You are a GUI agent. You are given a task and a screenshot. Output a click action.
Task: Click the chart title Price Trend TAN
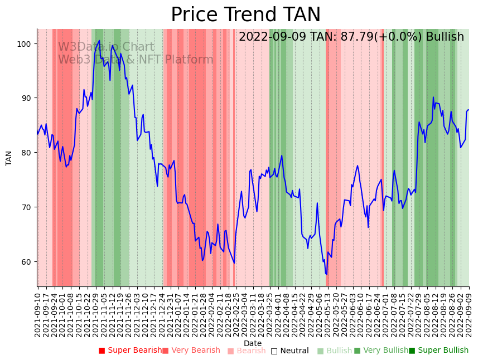pyautogui.click(x=245, y=15)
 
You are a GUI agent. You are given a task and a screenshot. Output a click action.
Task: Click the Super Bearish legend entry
pyautogui.click(x=131, y=351)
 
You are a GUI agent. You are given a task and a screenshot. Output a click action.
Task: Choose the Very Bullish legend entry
pyautogui.click(x=382, y=351)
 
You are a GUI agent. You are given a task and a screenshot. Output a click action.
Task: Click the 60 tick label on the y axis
pyautogui.click(x=27, y=262)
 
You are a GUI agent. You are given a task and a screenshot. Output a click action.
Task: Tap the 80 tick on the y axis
pyautogui.click(x=27, y=153)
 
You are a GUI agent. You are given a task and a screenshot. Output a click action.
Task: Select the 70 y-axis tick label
pyautogui.click(x=27, y=207)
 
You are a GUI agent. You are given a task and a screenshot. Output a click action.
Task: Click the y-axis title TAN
pyautogui.click(x=9, y=158)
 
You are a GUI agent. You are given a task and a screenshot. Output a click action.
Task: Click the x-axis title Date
pyautogui.click(x=253, y=343)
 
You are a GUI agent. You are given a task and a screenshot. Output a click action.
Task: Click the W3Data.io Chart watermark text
pyautogui.click(x=106, y=47)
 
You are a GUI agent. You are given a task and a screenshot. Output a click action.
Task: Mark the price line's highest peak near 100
pyautogui.click(x=99, y=41)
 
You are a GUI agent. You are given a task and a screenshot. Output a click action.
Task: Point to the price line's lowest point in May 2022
pyautogui.click(x=326, y=274)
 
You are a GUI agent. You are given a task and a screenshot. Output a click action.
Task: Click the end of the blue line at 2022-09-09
pyautogui.click(x=469, y=110)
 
